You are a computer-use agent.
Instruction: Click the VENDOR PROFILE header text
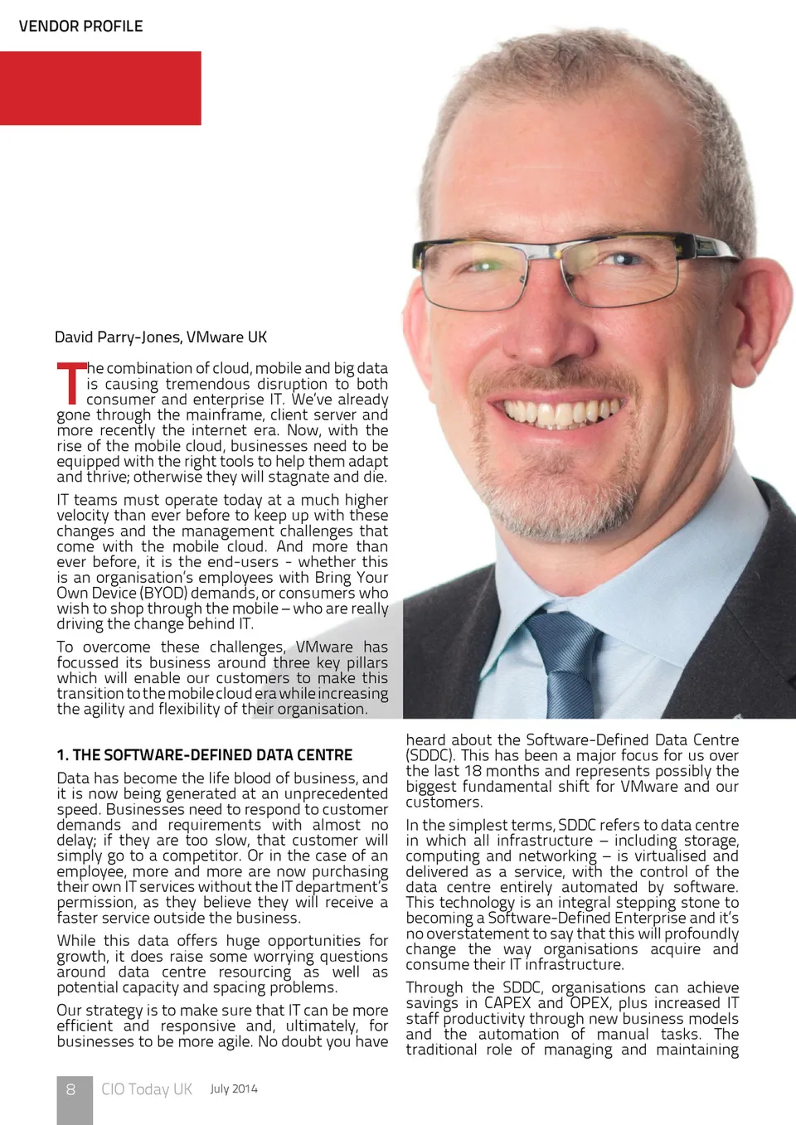80,27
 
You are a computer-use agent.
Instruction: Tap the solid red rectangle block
100,88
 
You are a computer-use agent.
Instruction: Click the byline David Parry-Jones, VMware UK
161,337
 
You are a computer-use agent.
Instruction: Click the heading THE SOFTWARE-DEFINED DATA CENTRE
212,755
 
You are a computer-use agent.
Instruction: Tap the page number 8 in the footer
71,1089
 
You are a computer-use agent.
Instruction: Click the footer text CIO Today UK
147,1089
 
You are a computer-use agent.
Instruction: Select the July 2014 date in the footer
234,1089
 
